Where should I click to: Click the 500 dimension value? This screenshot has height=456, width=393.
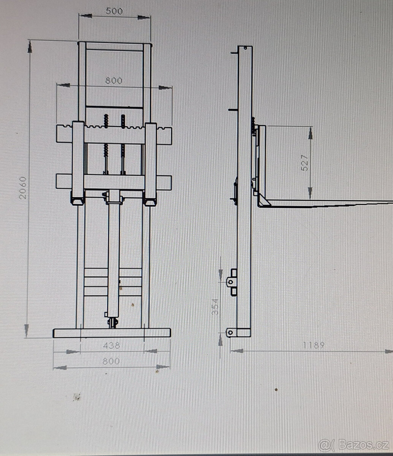click(114, 11)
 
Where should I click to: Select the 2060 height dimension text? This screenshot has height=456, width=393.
click(23, 188)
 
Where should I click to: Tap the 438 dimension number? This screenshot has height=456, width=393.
click(111, 345)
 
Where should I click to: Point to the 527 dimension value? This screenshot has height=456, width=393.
click(304, 163)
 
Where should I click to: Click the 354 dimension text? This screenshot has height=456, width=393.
click(215, 307)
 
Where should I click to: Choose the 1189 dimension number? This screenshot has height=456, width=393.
click(313, 345)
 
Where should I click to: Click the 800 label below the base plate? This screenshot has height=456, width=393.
click(111, 361)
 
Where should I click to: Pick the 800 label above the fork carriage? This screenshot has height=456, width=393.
click(114, 81)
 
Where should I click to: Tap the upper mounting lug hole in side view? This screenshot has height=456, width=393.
click(231, 282)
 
